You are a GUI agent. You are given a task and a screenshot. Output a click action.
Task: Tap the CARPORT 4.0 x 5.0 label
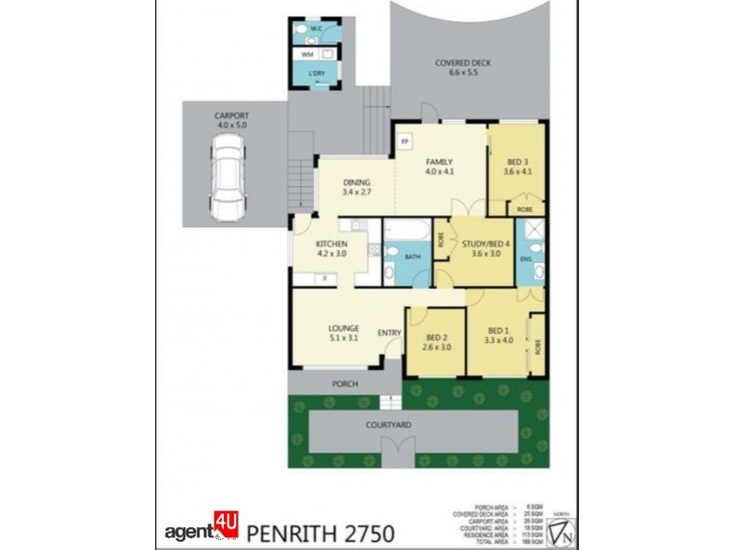point(231,120)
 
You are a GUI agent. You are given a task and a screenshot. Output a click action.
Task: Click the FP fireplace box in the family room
point(404,141)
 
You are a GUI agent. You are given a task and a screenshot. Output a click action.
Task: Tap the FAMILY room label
point(439,166)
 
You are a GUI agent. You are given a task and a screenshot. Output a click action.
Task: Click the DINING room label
point(356,186)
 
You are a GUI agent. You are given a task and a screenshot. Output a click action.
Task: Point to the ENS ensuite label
point(526,259)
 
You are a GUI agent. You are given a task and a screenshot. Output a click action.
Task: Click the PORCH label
point(345,383)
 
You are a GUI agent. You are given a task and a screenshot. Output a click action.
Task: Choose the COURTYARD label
point(412,425)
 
